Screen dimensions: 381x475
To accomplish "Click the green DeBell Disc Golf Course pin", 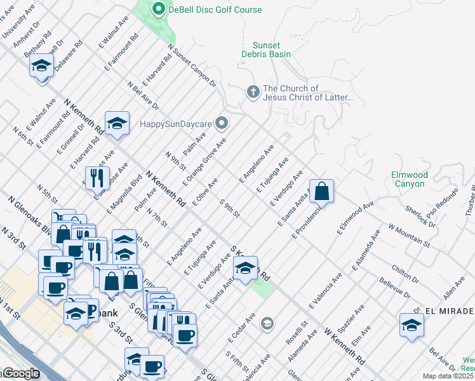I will coord(158,9).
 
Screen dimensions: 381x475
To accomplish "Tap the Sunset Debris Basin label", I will coord(272,50).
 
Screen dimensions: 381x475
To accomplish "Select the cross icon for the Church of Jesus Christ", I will coord(253,93).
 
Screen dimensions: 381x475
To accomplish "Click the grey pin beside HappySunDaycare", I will coord(222,122).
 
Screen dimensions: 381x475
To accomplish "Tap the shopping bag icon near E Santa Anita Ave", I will coord(322,190).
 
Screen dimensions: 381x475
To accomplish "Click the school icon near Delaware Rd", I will coord(42,67).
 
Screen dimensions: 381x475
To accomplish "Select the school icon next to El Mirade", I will coord(411,325).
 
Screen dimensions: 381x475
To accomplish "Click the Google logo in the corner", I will coord(20,374).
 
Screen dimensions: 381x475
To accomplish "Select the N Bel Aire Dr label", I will coord(142,95).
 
